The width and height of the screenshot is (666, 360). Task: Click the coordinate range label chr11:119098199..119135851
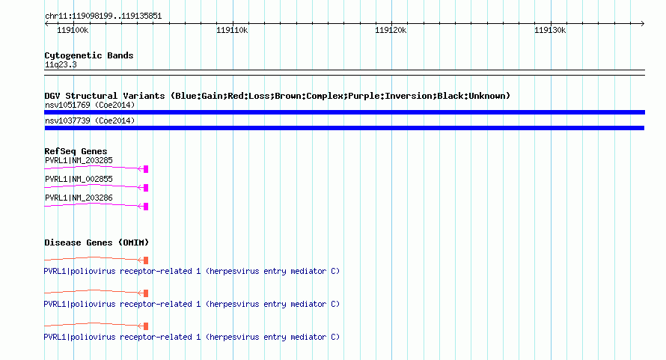(x=103, y=16)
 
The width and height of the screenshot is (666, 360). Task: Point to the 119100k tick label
(x=73, y=30)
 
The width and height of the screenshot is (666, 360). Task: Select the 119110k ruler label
(x=232, y=30)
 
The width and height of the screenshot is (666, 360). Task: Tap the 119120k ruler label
(x=391, y=30)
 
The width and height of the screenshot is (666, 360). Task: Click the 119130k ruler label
(x=550, y=30)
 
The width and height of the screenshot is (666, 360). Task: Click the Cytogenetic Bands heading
(x=89, y=55)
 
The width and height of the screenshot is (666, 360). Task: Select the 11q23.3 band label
(x=61, y=64)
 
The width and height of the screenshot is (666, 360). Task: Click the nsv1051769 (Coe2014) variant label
(x=90, y=105)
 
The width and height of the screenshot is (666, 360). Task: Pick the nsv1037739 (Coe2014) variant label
(x=90, y=120)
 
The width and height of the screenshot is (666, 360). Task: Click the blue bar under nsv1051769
(x=344, y=112)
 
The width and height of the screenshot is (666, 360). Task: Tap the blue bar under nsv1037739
(x=344, y=128)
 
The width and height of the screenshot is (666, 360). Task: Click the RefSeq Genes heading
(x=76, y=151)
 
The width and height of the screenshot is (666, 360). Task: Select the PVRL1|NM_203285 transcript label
(x=79, y=160)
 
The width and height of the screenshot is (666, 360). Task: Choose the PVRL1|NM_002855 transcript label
(x=79, y=179)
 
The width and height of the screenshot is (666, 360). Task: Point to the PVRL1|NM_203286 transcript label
(x=79, y=198)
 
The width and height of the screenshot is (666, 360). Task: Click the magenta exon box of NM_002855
(x=146, y=188)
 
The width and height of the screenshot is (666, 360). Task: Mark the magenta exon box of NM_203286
(x=146, y=207)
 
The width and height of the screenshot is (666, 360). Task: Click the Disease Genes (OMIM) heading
(x=97, y=242)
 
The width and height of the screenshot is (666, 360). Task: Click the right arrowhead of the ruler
(x=643, y=23)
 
